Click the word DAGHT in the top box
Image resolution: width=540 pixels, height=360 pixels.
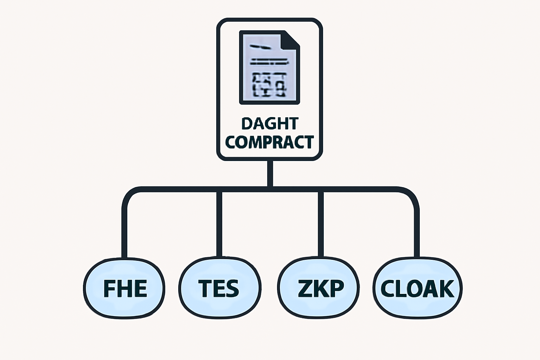pyautogui.click(x=270, y=124)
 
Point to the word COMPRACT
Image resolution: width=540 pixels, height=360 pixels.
pyautogui.click(x=269, y=142)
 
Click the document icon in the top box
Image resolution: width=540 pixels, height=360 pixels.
pyautogui.click(x=269, y=67)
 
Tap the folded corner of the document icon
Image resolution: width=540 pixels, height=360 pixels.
pyautogui.click(x=291, y=39)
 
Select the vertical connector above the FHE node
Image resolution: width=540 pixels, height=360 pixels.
pyautogui.click(x=124, y=229)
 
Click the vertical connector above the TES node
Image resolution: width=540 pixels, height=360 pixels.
pyautogui.click(x=219, y=225)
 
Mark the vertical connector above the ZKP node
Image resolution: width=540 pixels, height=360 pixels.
pyautogui.click(x=320, y=225)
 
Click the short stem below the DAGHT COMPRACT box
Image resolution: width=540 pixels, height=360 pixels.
pyautogui.click(x=270, y=173)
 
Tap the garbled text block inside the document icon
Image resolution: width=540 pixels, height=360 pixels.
pyautogui.click(x=269, y=84)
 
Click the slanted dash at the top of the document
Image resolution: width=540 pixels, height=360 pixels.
pyautogui.click(x=261, y=47)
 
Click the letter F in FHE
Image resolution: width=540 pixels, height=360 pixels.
pyautogui.click(x=109, y=289)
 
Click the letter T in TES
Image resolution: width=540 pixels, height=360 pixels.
pyautogui.click(x=205, y=289)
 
